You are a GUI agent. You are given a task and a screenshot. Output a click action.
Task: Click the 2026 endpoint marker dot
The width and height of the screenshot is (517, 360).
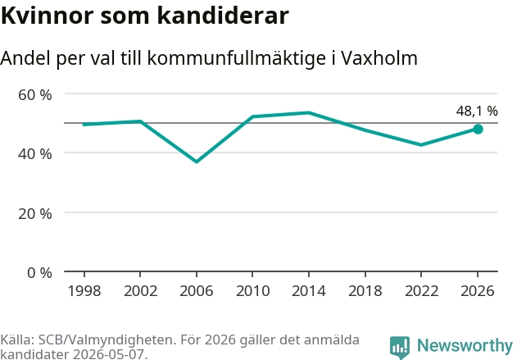(x=478, y=129)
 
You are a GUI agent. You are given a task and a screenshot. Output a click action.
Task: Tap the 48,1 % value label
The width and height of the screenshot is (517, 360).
(x=477, y=112)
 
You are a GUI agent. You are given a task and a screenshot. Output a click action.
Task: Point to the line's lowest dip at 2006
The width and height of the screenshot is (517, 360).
(x=197, y=162)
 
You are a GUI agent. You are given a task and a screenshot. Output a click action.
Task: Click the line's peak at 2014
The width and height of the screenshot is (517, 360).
(x=309, y=113)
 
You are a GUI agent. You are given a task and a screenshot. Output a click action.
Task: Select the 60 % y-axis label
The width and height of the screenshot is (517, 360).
(x=35, y=95)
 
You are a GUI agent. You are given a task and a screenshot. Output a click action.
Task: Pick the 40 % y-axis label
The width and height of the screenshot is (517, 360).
(x=35, y=154)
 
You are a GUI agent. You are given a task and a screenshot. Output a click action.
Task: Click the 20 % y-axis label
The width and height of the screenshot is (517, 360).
(x=35, y=214)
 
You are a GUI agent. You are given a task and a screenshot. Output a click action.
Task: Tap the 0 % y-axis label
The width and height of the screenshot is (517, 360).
(x=39, y=273)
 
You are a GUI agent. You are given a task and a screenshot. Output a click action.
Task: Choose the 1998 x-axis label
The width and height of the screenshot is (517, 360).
(x=84, y=291)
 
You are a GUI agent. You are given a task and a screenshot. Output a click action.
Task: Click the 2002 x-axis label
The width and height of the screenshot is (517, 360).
(x=140, y=291)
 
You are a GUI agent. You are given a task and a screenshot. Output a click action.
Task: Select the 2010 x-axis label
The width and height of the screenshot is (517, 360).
(x=252, y=291)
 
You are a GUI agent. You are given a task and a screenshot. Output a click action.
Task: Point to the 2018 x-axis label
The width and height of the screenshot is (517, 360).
(x=365, y=291)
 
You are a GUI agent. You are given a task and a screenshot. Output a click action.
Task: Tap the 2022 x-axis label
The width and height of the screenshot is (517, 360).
(x=421, y=291)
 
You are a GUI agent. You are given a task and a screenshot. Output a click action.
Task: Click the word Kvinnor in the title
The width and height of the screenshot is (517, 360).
(x=48, y=16)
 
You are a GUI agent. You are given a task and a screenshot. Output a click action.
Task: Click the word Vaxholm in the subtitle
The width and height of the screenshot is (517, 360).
(x=379, y=58)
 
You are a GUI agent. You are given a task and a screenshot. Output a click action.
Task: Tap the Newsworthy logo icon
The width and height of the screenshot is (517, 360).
(x=400, y=347)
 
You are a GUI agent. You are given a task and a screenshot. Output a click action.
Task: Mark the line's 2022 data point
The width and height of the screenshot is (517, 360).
(x=421, y=145)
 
